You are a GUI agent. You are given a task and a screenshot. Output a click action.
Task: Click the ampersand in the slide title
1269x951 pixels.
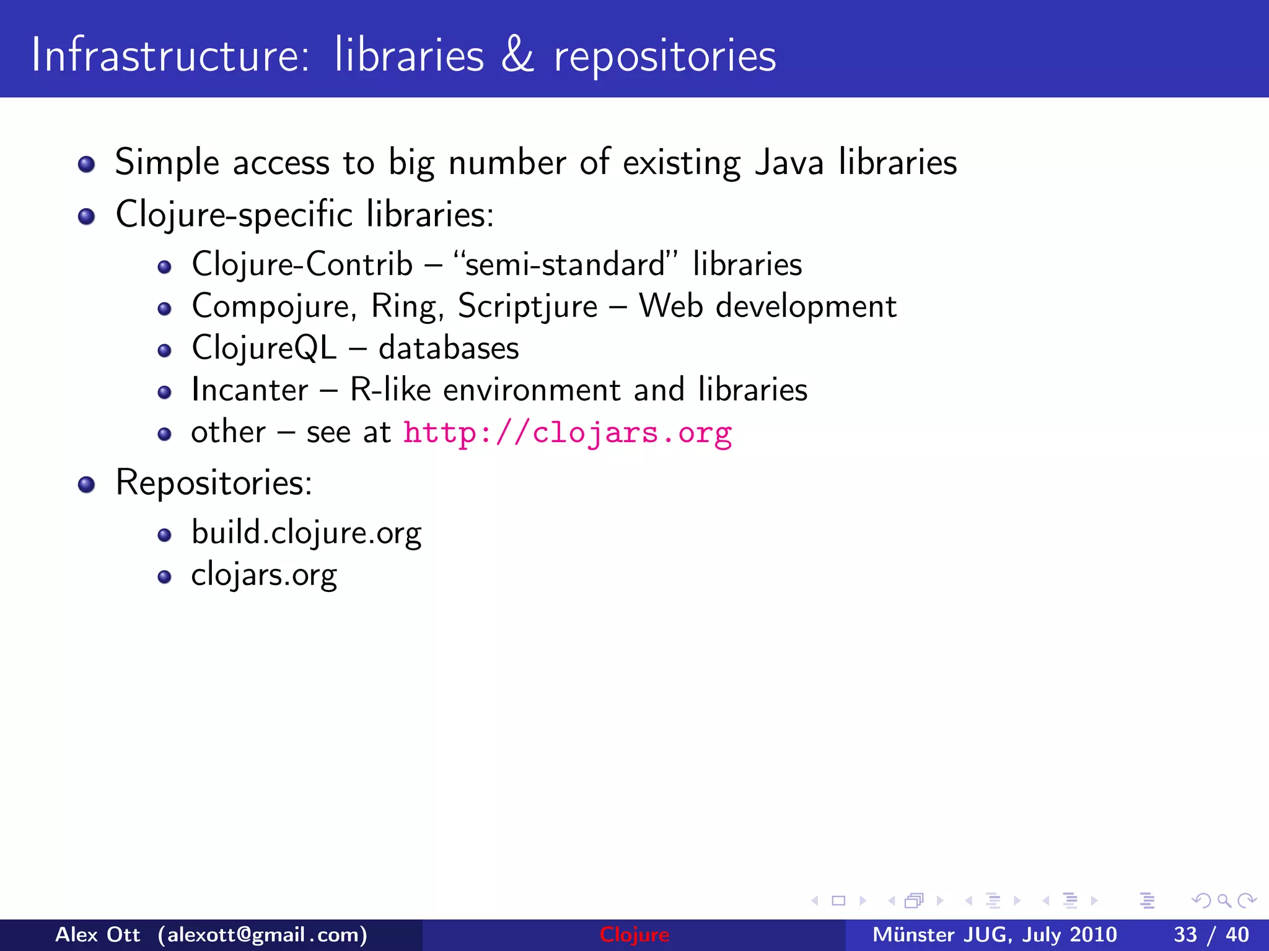click(517, 56)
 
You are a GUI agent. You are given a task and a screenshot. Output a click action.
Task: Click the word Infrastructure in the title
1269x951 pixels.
click(169, 56)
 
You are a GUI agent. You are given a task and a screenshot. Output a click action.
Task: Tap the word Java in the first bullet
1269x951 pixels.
click(789, 163)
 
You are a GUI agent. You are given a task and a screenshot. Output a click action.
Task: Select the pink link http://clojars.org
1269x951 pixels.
click(567, 433)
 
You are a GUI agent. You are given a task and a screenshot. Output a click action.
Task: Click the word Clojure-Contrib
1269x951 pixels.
click(302, 265)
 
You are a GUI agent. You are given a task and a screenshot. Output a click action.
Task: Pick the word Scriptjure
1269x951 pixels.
click(527, 307)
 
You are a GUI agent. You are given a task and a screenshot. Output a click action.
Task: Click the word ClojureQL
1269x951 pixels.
click(264, 349)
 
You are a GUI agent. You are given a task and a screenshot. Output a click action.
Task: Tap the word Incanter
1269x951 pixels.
click(249, 391)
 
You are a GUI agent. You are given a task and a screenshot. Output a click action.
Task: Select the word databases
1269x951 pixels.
click(449, 349)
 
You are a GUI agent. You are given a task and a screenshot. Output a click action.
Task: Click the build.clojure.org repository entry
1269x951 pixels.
click(306, 534)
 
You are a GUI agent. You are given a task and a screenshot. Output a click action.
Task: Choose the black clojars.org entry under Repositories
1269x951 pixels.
click(264, 576)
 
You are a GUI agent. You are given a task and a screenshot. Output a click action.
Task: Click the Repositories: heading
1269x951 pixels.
click(214, 483)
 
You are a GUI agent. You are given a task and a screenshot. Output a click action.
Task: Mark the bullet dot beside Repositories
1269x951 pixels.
click(87, 485)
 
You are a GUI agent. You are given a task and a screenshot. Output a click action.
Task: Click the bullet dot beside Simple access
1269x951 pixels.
click(87, 165)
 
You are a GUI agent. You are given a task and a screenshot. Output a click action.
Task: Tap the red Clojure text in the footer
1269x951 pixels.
click(634, 935)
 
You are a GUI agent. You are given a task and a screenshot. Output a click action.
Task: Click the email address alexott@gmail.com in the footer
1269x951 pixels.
click(263, 935)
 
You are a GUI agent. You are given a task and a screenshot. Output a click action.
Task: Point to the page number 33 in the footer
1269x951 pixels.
click(1185, 935)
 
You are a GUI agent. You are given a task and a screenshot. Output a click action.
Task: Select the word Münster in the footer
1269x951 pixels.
click(913, 935)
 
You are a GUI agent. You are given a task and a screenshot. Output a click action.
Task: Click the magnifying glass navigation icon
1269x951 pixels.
click(1224, 901)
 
